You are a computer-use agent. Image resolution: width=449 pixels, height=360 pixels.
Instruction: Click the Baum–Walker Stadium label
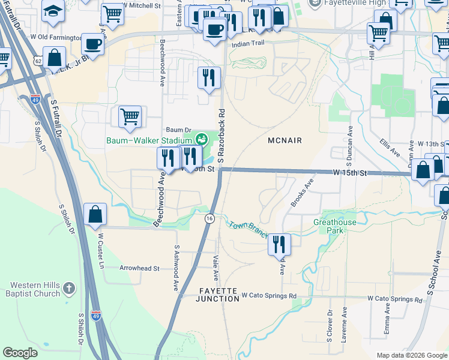[149, 141]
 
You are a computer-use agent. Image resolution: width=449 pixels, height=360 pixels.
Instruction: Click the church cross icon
[71, 289]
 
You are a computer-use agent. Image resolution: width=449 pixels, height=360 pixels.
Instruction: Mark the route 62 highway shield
[38, 61]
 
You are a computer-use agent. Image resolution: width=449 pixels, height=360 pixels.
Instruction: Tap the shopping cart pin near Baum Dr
[130, 117]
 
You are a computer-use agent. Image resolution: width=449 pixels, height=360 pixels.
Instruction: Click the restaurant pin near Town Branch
[279, 245]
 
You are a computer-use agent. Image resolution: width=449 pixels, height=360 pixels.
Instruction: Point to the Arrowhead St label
[139, 268]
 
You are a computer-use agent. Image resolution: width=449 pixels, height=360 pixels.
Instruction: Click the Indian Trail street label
[247, 44]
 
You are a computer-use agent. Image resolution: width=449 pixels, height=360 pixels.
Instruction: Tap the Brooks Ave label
[302, 193]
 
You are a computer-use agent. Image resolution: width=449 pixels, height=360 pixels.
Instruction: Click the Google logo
[20, 352]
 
